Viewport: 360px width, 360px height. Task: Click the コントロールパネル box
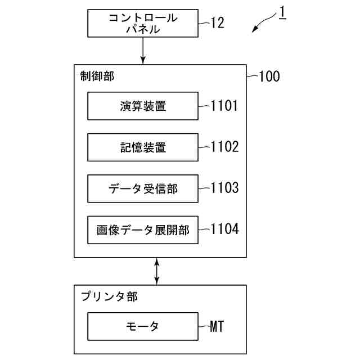click(143, 24)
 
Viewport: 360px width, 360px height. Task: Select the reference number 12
click(217, 22)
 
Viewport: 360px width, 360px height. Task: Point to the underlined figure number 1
click(281, 13)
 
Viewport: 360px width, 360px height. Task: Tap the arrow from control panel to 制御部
click(143, 51)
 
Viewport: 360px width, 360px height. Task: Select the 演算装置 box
click(143, 106)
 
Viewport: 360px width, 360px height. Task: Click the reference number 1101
click(224, 105)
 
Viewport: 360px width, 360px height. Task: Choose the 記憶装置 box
click(143, 147)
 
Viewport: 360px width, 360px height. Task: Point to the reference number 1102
click(224, 147)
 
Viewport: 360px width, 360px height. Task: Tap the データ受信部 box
click(143, 189)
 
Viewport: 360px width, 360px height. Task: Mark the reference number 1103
click(224, 188)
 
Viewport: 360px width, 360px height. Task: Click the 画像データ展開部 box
click(143, 230)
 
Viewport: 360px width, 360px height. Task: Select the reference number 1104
click(224, 229)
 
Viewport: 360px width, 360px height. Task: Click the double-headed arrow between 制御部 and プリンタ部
click(157, 271)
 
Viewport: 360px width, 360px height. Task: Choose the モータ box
click(143, 327)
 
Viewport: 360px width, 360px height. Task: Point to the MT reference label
click(217, 326)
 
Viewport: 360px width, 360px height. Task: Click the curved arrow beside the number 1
click(263, 24)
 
